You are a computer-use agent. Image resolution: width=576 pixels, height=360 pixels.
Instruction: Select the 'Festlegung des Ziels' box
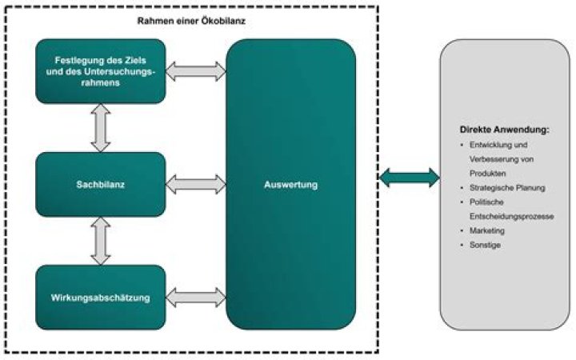pos(100,71)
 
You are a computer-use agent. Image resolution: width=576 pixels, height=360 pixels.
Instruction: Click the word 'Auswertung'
pos(290,185)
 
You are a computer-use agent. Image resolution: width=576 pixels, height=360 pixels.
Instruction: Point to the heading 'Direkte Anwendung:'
pos(505,130)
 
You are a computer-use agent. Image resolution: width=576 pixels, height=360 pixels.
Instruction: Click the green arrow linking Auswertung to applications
pos(409,178)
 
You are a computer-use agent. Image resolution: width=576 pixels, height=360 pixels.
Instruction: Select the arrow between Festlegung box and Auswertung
pos(195,71)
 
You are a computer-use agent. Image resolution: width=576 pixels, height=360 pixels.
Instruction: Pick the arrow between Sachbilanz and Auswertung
pos(195,185)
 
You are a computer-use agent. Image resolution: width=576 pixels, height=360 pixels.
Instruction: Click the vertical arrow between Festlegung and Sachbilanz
pos(100,128)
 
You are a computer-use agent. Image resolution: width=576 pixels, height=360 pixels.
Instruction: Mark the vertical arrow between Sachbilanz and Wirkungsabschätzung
pos(100,241)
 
